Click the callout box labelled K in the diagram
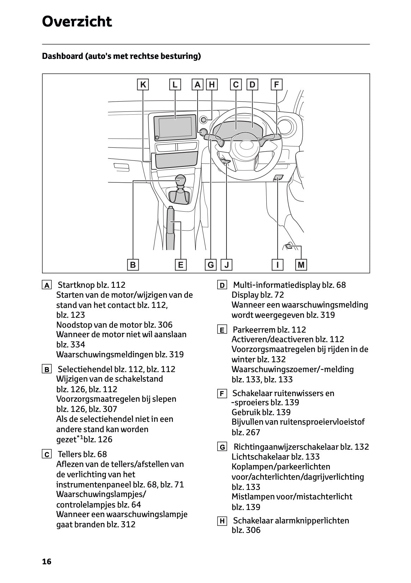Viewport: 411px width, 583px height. point(143,85)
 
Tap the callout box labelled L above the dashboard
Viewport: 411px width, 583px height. point(175,85)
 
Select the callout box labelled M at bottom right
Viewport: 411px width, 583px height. point(301,265)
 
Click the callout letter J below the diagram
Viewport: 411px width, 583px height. point(226,265)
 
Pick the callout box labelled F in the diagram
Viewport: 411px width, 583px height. point(277,85)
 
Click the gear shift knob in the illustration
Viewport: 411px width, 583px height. point(180,181)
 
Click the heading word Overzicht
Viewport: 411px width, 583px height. point(77,22)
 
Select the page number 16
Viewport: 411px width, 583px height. point(47,561)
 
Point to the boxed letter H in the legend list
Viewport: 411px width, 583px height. point(222,521)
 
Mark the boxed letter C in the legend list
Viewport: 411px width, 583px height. point(47,455)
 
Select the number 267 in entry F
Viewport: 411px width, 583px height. point(253,432)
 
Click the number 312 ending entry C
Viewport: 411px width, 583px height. point(128,524)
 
